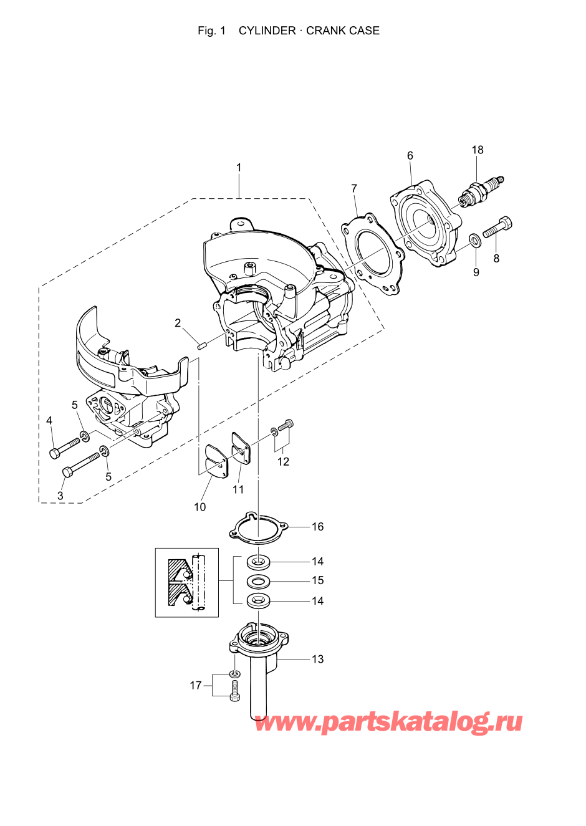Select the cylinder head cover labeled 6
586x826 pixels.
(x=426, y=223)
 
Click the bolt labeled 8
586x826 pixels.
(x=497, y=227)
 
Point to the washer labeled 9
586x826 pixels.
(x=475, y=241)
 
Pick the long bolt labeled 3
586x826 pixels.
(x=81, y=464)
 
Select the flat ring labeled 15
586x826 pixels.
(x=258, y=582)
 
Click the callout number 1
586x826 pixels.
(x=239, y=168)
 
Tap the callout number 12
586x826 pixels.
(x=283, y=461)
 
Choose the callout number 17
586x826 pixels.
(x=196, y=686)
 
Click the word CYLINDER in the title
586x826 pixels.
(x=267, y=31)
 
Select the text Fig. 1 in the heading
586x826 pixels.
(x=212, y=31)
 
